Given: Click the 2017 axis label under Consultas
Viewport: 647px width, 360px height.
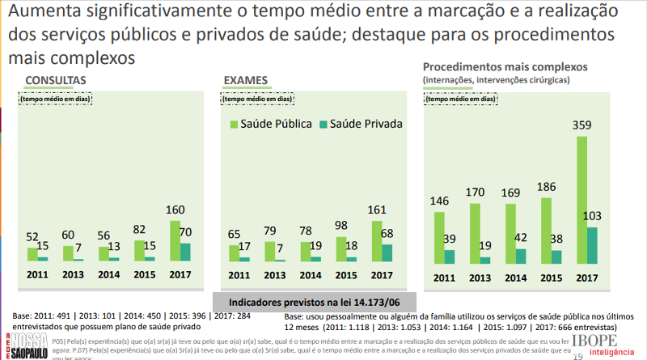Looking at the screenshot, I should tap(180, 274).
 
